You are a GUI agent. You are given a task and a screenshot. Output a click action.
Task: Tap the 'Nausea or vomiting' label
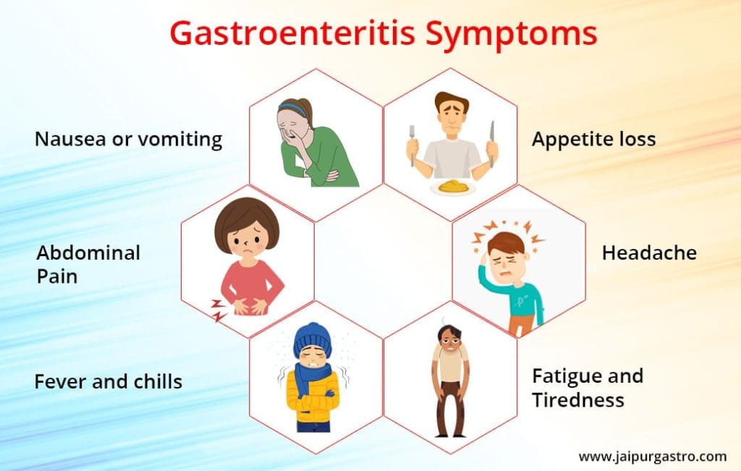click(x=128, y=139)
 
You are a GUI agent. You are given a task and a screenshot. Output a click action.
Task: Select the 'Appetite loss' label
click(x=593, y=139)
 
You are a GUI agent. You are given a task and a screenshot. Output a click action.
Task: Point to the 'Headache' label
click(x=649, y=253)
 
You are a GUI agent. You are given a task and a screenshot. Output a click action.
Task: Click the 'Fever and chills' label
click(x=108, y=381)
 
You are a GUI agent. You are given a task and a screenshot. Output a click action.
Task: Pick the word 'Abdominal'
click(x=88, y=253)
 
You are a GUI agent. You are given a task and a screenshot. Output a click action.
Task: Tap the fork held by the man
click(x=412, y=141)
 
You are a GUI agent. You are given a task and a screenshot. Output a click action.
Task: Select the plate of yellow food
click(x=450, y=187)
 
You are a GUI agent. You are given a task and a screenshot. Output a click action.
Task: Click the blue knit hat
click(x=312, y=336)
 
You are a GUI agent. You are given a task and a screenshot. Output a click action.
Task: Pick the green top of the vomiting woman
click(x=333, y=156)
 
